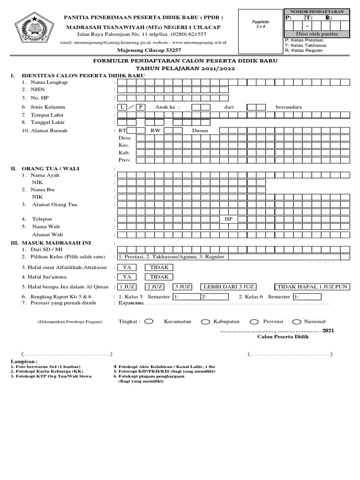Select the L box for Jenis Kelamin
click(122, 107)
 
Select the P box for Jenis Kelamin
click(141, 107)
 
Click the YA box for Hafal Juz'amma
click(126, 277)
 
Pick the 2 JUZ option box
click(155, 286)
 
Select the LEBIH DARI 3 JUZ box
click(229, 286)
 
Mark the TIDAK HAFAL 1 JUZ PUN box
click(312, 286)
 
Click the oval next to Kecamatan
click(149, 322)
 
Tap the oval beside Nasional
click(296, 322)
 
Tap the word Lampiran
click(23, 362)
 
